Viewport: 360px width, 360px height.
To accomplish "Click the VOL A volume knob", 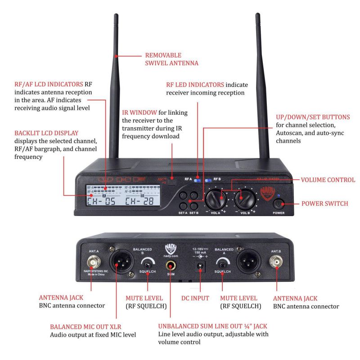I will click(216, 197).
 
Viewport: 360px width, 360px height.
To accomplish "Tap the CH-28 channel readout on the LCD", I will click(139, 201).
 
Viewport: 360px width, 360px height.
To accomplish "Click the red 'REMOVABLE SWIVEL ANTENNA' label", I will click(171, 59).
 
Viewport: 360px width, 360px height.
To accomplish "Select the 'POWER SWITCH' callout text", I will click(324, 203).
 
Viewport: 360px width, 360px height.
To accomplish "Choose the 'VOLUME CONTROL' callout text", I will click(328, 180).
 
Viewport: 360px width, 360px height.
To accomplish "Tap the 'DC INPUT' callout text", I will click(195, 298).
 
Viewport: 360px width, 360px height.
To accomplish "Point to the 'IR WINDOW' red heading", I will click(140, 112).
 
